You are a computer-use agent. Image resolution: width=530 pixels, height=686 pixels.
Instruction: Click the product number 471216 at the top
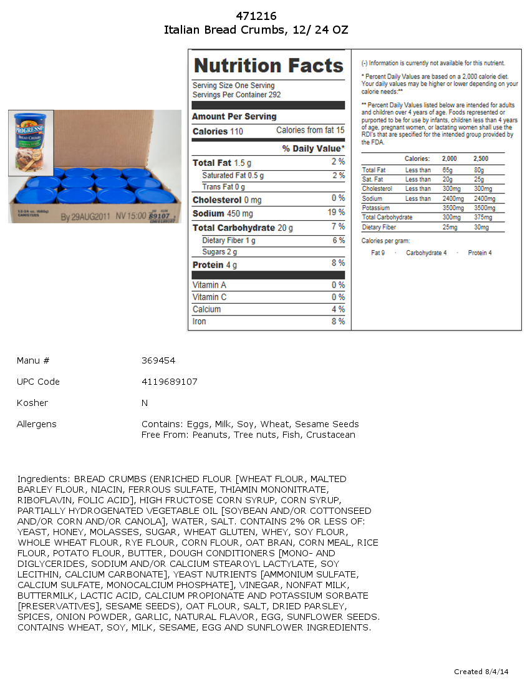coord(256,16)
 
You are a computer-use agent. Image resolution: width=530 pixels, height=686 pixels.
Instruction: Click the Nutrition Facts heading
coord(269,65)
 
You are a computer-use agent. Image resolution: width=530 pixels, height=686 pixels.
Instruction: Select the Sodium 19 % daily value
coord(337,212)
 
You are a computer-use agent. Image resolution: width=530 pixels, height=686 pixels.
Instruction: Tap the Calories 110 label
coord(218,132)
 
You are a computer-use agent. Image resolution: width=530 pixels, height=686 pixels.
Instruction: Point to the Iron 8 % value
coord(338,321)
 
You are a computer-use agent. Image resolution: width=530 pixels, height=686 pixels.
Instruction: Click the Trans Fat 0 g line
coord(223,187)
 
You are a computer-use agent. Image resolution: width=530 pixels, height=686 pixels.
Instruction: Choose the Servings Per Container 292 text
coord(236,95)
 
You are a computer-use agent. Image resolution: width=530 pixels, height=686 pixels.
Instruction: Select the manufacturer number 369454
coord(158,360)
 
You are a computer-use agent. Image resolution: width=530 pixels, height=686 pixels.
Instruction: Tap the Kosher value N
coord(145,403)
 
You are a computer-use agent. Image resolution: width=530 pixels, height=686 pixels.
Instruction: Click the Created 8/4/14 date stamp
coord(481,672)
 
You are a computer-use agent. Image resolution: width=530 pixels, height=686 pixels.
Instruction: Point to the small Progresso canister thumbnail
coord(31,143)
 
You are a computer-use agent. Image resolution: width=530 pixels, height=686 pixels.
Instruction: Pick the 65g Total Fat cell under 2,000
coord(447,170)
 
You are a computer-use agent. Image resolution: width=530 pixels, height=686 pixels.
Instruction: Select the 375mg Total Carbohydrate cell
coord(482,217)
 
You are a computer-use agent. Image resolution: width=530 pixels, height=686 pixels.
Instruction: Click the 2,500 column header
coord(481,158)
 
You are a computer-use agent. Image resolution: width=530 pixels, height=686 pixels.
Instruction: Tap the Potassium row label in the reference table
coord(375,208)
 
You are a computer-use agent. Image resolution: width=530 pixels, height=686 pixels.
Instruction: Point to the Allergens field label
coord(36,424)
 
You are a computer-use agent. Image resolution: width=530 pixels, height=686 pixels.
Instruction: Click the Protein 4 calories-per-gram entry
coord(479,253)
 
